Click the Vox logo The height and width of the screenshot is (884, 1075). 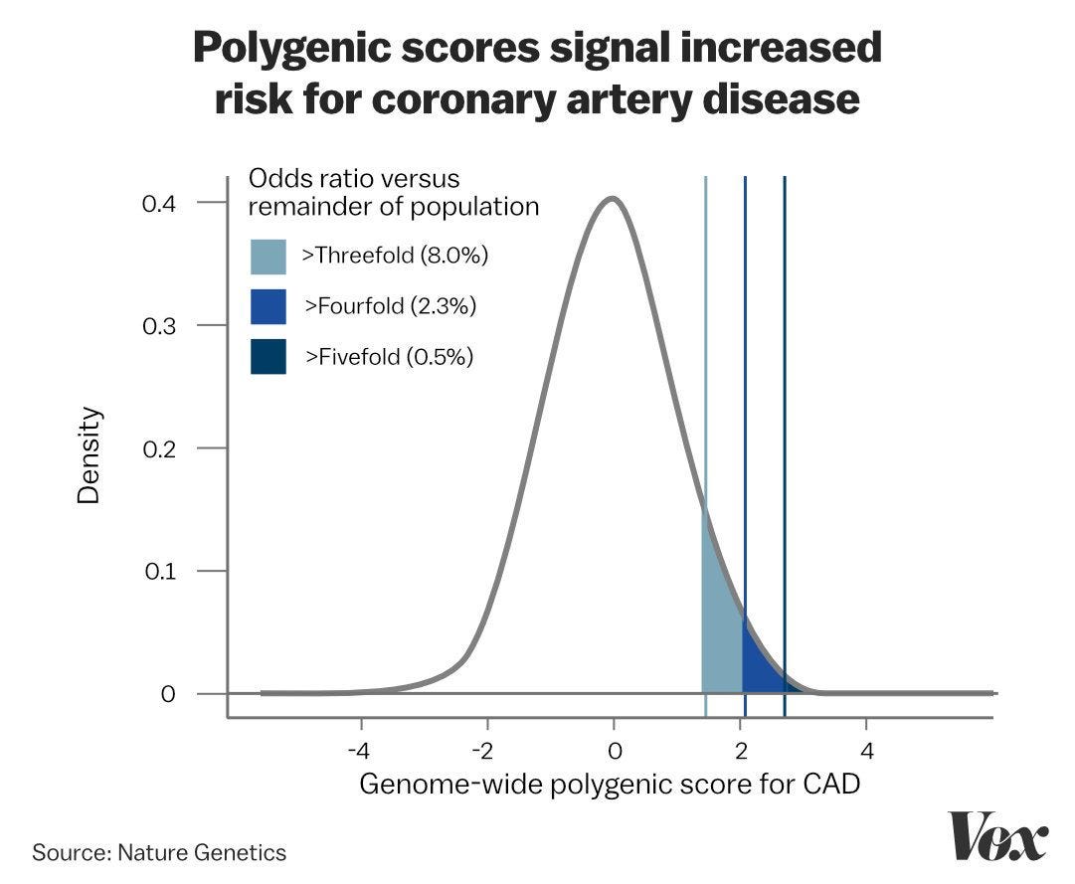(x=997, y=835)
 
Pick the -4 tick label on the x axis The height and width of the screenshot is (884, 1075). (x=360, y=748)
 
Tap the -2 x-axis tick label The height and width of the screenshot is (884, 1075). (x=486, y=748)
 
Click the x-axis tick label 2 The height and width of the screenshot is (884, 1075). (x=740, y=748)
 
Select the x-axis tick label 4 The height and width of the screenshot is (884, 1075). (x=866, y=748)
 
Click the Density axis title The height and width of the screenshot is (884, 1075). (x=90, y=454)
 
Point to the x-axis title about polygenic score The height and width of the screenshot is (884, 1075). (x=609, y=784)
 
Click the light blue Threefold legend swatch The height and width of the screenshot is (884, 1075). (x=269, y=257)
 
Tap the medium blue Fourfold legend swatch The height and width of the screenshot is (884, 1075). (x=269, y=306)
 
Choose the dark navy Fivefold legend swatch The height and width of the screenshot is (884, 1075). (x=269, y=356)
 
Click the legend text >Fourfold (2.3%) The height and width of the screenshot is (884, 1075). (x=391, y=306)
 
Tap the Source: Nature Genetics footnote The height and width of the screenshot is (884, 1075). (x=159, y=852)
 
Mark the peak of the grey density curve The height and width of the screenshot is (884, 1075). (x=613, y=199)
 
